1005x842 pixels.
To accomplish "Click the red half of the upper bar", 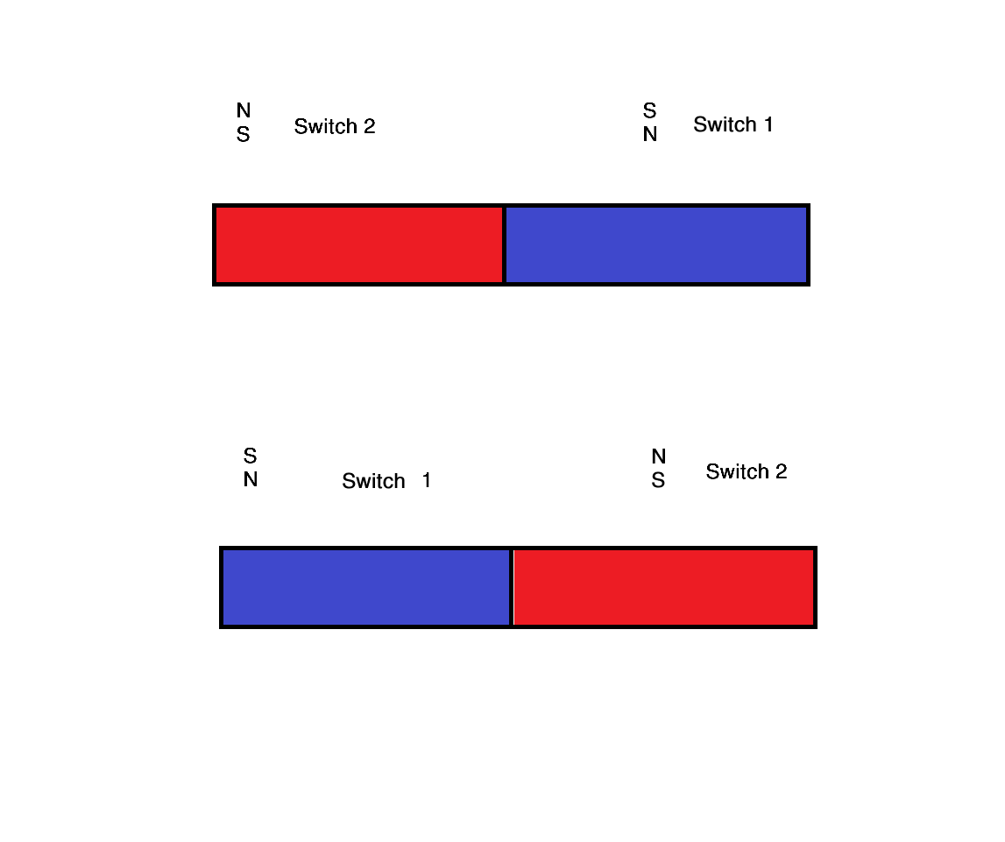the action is pos(359,244).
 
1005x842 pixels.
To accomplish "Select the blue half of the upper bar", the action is pos(656,244).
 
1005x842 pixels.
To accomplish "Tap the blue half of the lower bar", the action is pos(366,587).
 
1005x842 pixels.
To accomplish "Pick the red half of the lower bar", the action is pos(663,587).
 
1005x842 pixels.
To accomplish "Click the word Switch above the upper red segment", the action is pos(326,126).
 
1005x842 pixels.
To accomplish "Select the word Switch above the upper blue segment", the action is pos(725,124).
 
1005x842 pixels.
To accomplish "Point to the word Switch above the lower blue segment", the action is pos(373,481).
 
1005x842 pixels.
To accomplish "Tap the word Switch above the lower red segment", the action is pos(737,471).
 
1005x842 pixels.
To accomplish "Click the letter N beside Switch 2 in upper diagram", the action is pos(244,110).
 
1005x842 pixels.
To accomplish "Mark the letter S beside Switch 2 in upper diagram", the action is pos(243,135).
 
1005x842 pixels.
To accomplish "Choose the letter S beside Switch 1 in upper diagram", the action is pos(650,110).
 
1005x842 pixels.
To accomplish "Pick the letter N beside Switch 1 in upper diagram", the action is pos(650,134).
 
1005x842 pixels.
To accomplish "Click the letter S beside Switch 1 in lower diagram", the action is pos(250,456).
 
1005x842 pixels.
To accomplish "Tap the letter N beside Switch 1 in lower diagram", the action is pos(251,479).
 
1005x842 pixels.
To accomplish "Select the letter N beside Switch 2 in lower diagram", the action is pos(659,456).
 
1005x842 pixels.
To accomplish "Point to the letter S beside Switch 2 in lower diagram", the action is pos(658,480).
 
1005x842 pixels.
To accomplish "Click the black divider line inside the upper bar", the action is pos(505,244).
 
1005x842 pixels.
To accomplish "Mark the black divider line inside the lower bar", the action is pos(512,587).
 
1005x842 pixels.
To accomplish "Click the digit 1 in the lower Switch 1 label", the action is pos(427,480).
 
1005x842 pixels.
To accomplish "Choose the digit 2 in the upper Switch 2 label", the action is pos(369,126).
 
